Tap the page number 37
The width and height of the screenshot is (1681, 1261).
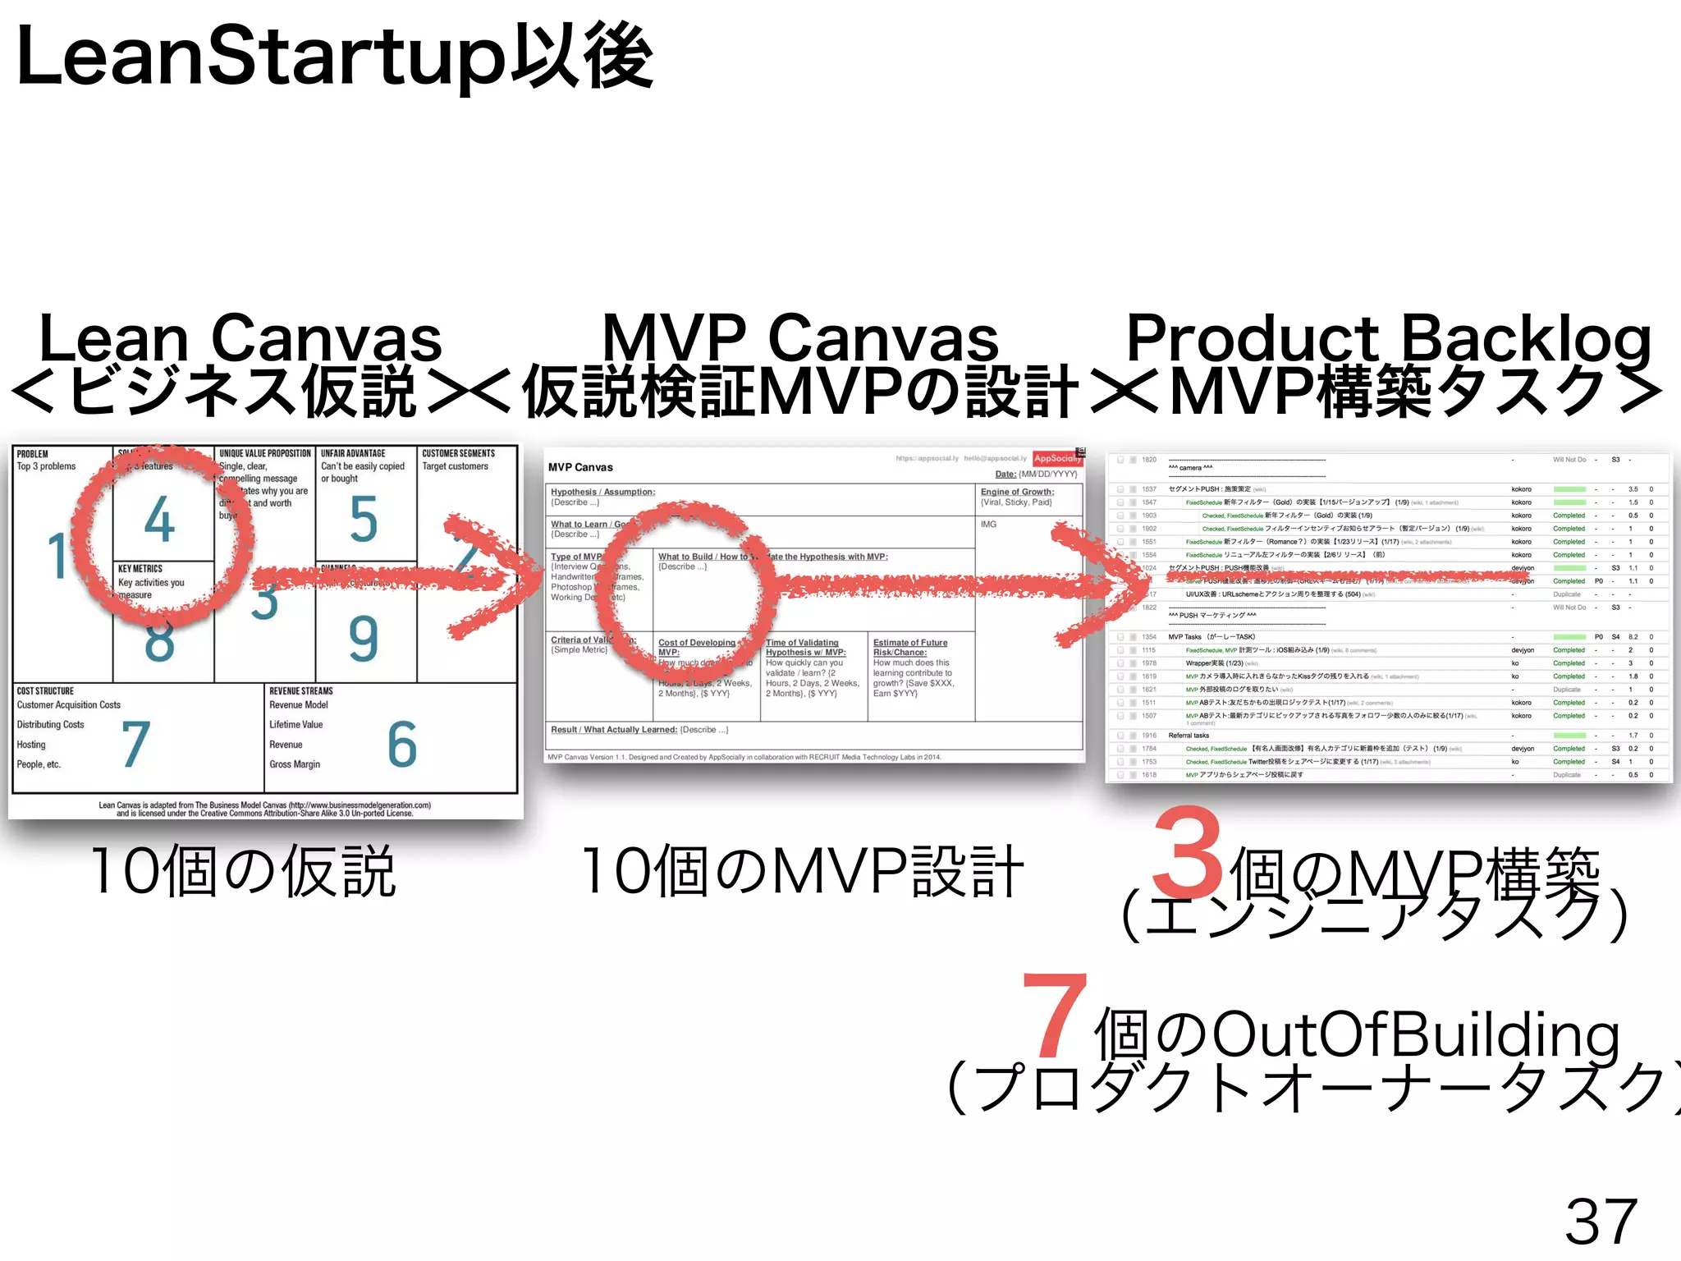pos(1601,1222)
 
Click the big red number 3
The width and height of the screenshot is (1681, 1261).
pos(1188,854)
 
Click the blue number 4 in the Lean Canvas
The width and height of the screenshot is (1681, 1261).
pos(159,520)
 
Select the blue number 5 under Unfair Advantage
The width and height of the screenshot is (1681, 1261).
pos(364,520)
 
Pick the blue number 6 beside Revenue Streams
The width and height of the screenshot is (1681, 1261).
pos(402,745)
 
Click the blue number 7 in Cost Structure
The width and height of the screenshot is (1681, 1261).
pos(135,745)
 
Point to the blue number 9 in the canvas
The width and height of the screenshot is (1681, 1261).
pos(364,639)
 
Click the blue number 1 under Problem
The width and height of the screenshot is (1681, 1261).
pos(56,556)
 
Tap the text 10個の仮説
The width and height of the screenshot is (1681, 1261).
pos(243,871)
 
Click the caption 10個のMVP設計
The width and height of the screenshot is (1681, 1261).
pos(802,871)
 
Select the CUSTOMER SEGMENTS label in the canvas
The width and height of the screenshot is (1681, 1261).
pos(458,453)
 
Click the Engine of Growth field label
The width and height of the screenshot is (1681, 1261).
pos(1017,492)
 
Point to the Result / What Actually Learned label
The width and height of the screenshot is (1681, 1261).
pos(614,729)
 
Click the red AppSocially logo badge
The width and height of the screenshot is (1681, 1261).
pos(1056,459)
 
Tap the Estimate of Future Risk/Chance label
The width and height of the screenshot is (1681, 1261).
pos(909,648)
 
